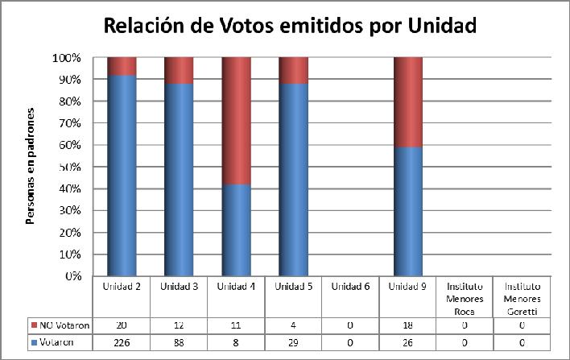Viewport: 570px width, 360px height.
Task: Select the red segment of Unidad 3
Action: pos(179,71)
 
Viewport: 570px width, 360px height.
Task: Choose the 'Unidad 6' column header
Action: pos(350,287)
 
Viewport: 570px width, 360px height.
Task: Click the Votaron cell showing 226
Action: pos(122,342)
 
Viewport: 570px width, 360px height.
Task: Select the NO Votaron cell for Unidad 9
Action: pos(407,325)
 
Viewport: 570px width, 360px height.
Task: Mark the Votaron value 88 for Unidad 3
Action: pos(179,342)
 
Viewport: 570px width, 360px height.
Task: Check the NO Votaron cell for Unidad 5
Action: pos(293,325)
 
